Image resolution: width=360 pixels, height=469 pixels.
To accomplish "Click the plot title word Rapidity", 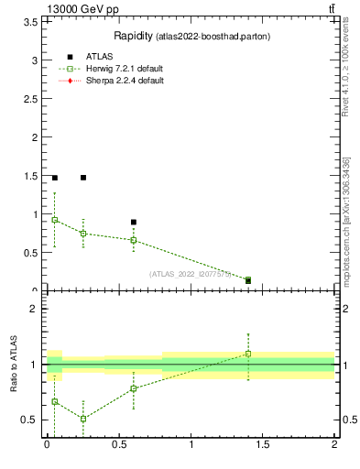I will [x=132, y=36].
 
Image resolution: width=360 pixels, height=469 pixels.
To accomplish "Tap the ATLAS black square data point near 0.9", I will [x=134, y=222].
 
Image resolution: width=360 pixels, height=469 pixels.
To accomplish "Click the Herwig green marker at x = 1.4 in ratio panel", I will [x=248, y=354].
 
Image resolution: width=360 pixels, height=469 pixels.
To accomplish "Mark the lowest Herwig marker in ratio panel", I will [x=83, y=419].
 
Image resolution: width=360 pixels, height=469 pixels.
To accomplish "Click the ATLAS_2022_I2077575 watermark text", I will [x=191, y=273].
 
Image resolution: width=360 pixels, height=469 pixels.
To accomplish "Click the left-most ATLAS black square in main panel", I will [x=55, y=178].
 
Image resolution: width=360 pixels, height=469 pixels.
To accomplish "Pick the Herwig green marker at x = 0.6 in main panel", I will [x=134, y=240].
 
